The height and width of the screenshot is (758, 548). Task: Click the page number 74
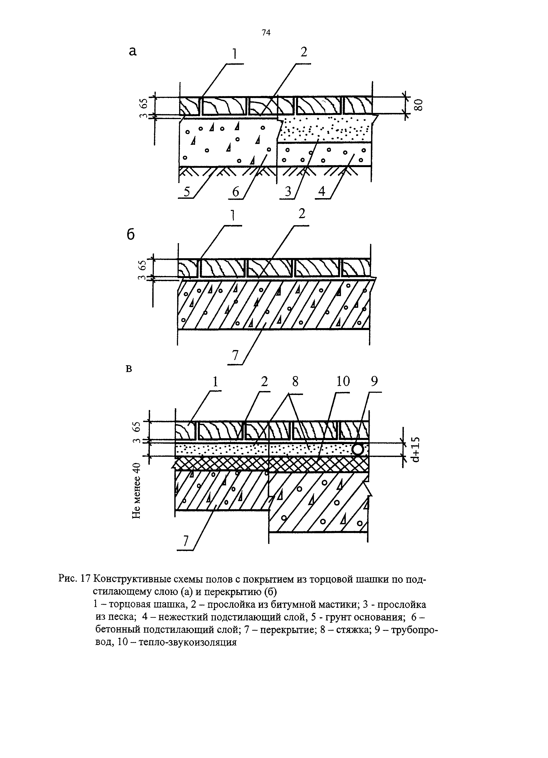click(x=266, y=33)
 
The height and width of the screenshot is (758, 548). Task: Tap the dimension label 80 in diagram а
click(x=419, y=105)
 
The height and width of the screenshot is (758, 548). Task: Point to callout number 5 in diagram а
click(x=187, y=192)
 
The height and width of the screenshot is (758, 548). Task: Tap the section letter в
click(x=129, y=369)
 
